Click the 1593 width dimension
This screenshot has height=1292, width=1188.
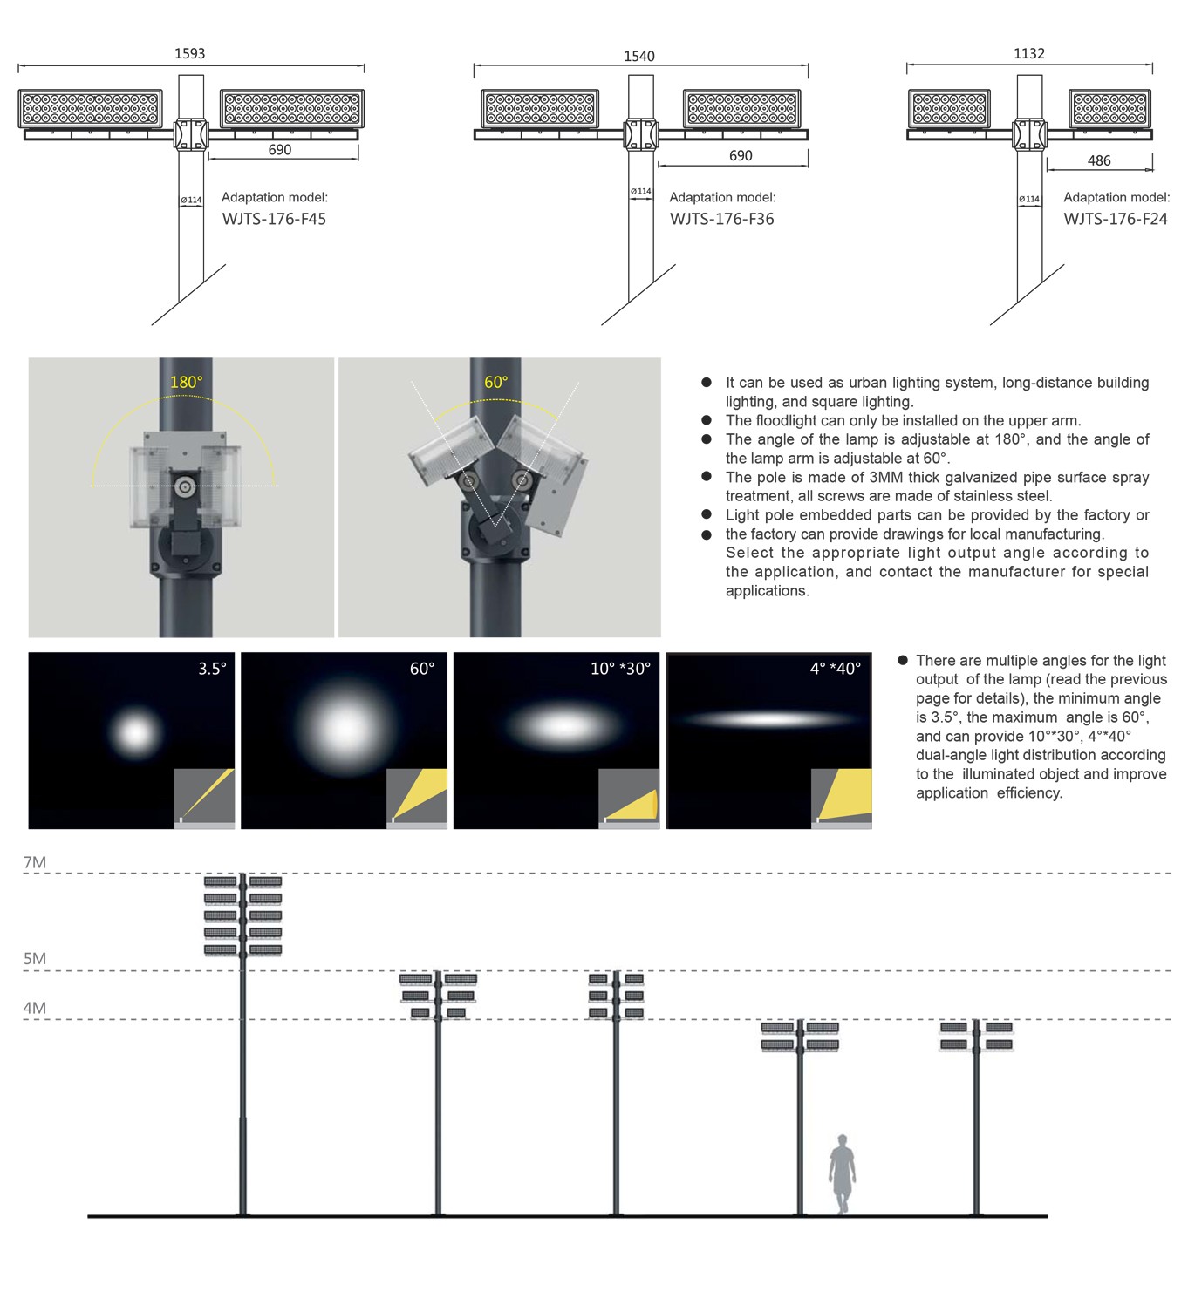[x=190, y=54]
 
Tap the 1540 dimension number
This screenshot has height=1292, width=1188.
[x=639, y=57]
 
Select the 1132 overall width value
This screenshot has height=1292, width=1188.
[x=1029, y=54]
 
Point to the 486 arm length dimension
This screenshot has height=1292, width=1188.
[x=1099, y=161]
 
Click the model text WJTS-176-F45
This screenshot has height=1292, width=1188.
[x=274, y=219]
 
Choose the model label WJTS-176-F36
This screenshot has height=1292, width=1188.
[x=722, y=219]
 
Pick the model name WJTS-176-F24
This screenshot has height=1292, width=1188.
[x=1116, y=219]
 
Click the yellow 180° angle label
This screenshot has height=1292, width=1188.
[x=186, y=383]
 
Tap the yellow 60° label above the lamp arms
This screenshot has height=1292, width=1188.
[x=495, y=383]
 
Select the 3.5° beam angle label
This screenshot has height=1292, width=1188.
[x=212, y=669]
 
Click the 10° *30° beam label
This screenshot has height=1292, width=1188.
[x=620, y=669]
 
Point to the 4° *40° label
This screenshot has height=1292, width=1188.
[x=835, y=669]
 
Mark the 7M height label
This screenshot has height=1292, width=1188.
[x=35, y=863]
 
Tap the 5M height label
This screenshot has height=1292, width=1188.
[x=35, y=959]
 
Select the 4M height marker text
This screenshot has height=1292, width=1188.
[x=35, y=1009]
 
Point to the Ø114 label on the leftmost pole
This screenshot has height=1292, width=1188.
[x=191, y=201]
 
